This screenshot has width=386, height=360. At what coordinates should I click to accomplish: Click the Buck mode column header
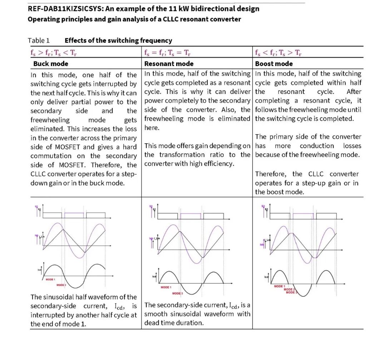(x=51, y=64)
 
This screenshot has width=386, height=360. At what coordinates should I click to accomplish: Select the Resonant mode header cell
(x=169, y=64)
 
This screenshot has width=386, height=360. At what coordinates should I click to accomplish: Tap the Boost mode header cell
(x=274, y=64)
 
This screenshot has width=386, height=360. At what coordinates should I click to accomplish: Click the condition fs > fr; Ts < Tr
(x=54, y=53)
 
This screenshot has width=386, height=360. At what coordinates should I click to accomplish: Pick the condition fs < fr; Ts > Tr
(x=278, y=53)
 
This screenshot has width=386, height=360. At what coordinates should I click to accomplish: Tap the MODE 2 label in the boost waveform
(x=289, y=289)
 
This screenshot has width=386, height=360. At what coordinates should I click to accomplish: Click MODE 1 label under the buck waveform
(x=50, y=279)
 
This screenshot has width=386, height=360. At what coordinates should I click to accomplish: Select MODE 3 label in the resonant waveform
(x=177, y=293)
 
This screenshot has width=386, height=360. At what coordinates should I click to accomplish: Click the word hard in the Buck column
(x=130, y=147)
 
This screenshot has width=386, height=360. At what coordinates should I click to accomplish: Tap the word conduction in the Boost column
(x=317, y=146)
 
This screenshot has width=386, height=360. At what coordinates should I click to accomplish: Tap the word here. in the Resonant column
(x=152, y=127)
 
